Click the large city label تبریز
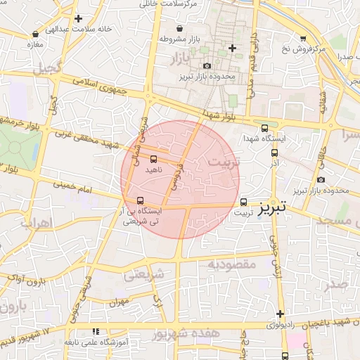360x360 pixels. [x=271, y=209]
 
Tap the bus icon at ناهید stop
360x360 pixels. [x=154, y=158]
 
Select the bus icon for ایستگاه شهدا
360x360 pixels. [x=264, y=128]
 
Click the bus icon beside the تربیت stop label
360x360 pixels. [x=244, y=200]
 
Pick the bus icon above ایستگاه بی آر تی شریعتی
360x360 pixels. [x=141, y=200]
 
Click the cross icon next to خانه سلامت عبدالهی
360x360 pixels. [x=78, y=18]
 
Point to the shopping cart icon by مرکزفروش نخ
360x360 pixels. [x=303, y=39]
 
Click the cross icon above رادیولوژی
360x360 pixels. [x=280, y=314]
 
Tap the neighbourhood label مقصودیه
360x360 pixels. [x=232, y=264]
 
